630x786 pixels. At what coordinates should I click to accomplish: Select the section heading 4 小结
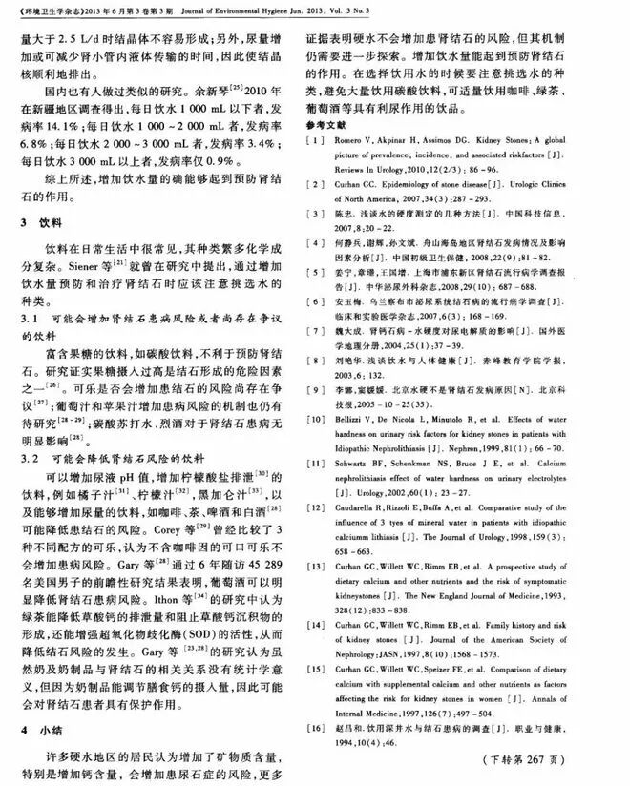[x=41, y=728]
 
